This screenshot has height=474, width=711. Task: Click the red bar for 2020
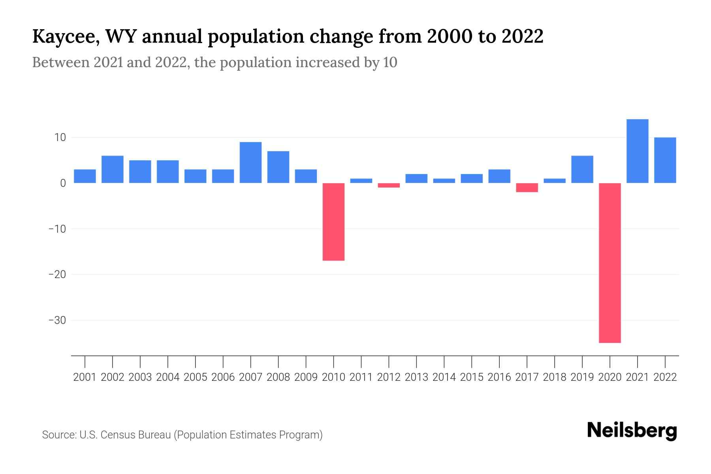point(610,263)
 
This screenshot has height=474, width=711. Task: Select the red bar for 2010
point(333,222)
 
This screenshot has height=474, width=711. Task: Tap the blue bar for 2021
point(638,151)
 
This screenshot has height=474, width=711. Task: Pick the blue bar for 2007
point(250,162)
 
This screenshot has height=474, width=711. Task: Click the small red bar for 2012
point(389,185)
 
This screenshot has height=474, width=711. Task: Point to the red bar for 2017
point(527,188)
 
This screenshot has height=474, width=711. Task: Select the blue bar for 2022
point(665,160)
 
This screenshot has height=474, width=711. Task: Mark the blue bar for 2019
point(582,169)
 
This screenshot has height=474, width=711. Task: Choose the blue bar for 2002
point(113,169)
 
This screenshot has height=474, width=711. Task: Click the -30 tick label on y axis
point(57,320)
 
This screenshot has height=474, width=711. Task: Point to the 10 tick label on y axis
point(60,137)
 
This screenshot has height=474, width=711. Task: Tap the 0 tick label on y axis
point(62,183)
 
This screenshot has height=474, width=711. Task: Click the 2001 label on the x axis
point(85,377)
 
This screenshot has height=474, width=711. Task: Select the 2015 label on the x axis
point(472,377)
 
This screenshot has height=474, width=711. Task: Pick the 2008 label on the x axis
point(278,377)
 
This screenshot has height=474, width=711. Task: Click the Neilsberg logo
point(632,431)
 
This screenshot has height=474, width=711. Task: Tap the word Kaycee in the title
point(63,37)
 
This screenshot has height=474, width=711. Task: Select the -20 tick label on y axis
point(57,275)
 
